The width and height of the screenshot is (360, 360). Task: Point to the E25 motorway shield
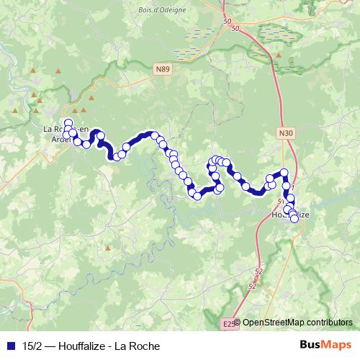click(228, 324)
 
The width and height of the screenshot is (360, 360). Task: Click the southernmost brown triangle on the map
click(108, 247)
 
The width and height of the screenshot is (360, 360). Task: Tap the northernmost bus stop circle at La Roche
click(68, 123)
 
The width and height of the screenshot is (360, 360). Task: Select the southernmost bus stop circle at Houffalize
click(294, 219)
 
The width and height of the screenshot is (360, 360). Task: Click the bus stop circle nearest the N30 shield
click(284, 172)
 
